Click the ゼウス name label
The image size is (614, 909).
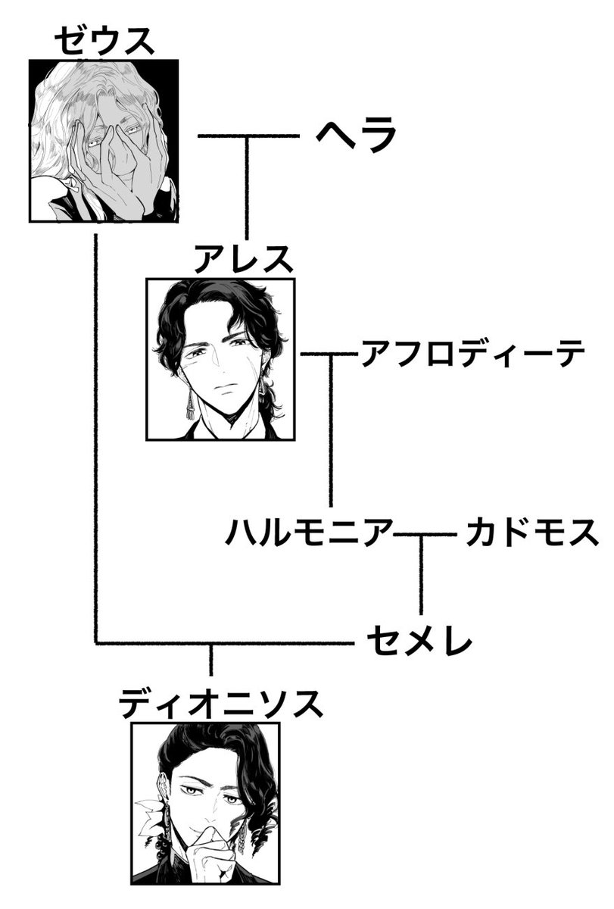(x=104, y=42)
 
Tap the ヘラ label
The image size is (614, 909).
(x=357, y=136)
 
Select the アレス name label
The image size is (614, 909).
(x=243, y=260)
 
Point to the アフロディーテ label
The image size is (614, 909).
(x=473, y=353)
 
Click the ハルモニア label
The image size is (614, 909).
(x=310, y=533)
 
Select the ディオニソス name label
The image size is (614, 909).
(x=220, y=704)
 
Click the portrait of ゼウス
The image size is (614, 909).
(x=104, y=140)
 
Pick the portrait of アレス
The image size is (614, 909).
(x=220, y=359)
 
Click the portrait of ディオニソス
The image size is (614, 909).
(x=206, y=803)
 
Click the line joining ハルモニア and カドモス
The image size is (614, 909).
(x=428, y=536)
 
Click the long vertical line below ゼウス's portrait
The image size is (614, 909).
(x=96, y=439)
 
